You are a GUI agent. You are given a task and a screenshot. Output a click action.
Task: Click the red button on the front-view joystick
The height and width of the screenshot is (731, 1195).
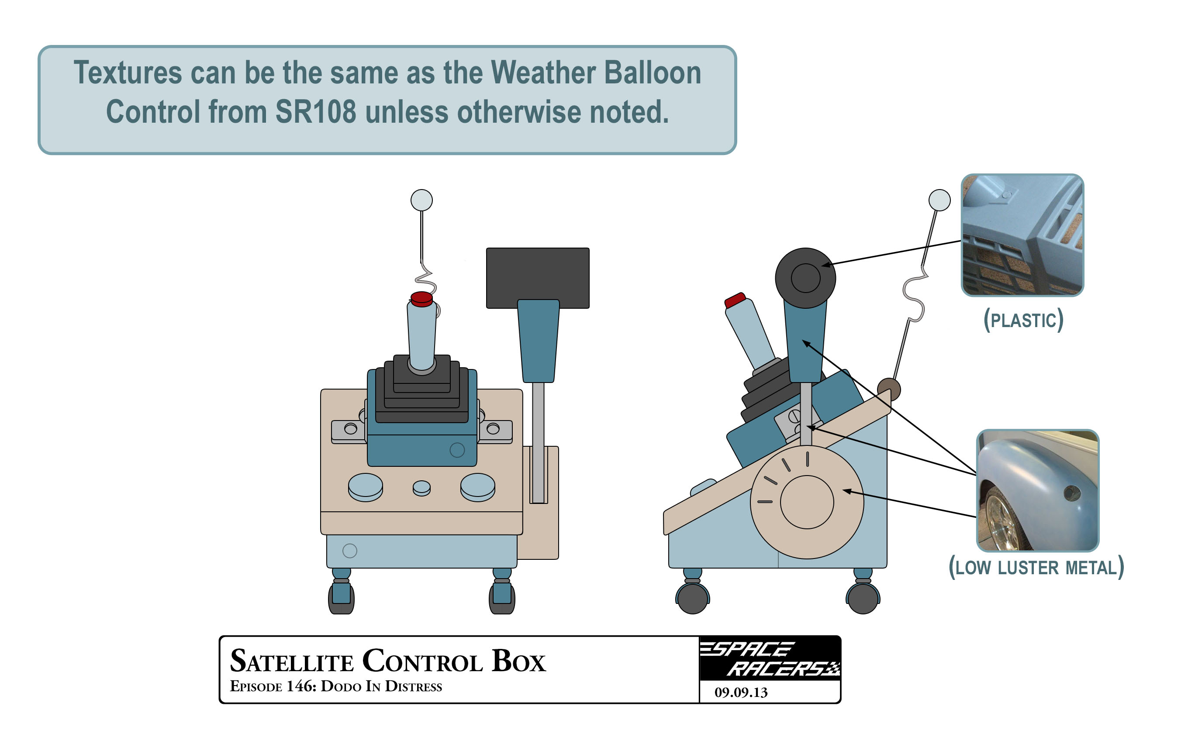421,299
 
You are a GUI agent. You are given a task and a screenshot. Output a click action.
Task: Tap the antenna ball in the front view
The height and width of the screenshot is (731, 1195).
421,200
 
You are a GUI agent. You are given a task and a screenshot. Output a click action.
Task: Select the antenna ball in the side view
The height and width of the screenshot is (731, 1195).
939,200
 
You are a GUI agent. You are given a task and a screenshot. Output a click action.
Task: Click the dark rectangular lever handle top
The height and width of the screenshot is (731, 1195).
537,278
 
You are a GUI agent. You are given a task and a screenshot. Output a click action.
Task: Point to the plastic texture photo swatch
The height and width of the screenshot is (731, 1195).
1022,235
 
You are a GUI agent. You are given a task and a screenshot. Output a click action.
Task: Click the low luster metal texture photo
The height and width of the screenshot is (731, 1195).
1037,490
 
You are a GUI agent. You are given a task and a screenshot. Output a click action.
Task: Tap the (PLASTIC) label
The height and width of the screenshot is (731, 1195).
1023,320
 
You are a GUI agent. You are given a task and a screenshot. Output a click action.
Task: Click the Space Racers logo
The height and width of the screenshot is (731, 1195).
770,658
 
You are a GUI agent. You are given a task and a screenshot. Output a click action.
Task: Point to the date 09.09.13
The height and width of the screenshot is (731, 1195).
741,692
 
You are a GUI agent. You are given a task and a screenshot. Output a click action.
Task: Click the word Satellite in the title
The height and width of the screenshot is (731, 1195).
291,661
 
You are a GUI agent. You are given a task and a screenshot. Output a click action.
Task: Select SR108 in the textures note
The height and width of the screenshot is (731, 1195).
316,112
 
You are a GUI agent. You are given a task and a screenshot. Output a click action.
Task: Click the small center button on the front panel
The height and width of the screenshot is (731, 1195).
421,488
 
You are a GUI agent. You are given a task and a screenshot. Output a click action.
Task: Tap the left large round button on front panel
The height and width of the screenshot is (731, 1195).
365,487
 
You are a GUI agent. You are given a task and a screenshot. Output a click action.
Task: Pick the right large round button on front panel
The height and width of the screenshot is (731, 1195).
478,487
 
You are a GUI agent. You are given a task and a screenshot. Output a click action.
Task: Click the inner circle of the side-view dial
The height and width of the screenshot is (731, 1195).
807,502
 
